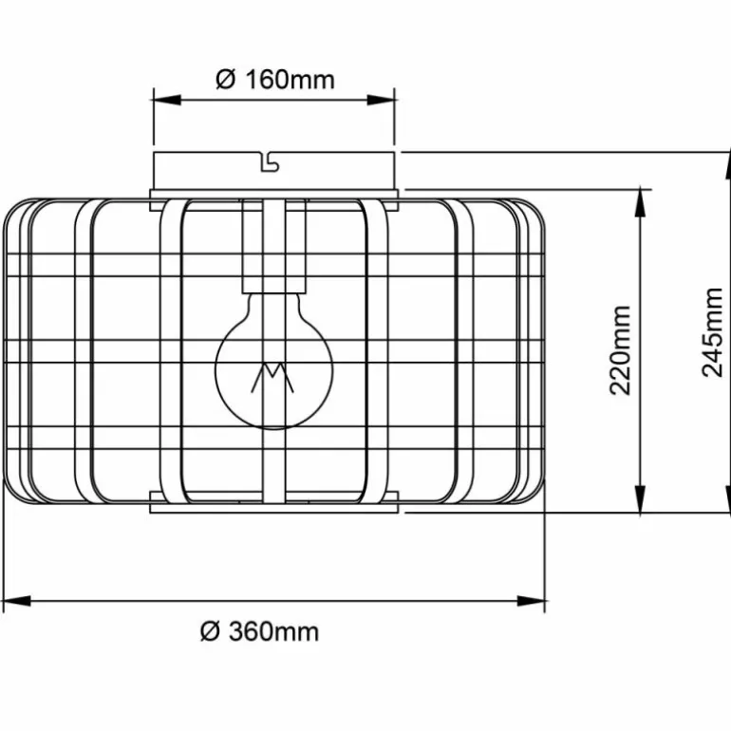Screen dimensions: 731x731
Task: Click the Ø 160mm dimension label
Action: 275,80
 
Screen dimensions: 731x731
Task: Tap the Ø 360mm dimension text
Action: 260,631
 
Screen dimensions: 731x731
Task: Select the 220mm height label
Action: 620,350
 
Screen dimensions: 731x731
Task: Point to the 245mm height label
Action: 712,332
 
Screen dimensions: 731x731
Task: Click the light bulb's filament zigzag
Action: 272,377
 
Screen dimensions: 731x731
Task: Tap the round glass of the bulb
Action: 274,362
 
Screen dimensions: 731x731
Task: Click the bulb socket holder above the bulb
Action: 274,246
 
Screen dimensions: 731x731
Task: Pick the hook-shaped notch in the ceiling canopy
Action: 269,161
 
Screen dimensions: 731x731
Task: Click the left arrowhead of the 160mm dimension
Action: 167,100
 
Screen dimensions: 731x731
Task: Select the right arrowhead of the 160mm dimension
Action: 381,100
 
